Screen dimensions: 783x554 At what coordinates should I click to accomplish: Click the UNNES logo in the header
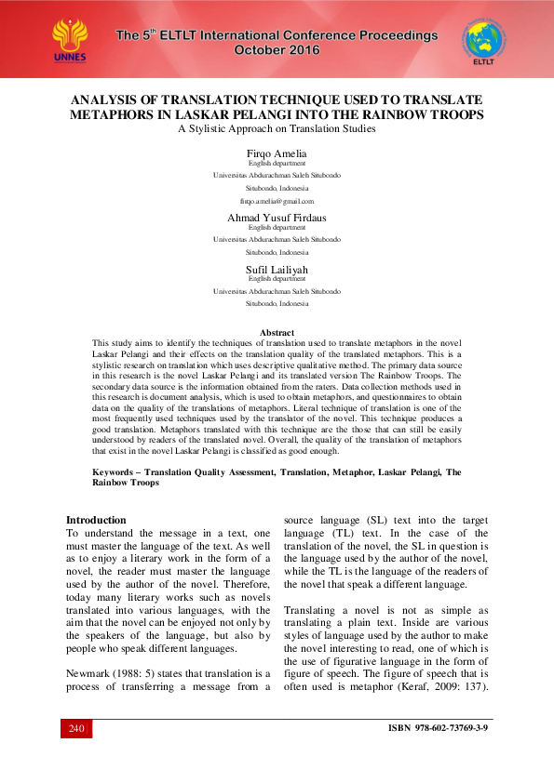pos(71,39)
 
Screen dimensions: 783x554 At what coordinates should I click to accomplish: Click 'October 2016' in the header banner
pos(277,49)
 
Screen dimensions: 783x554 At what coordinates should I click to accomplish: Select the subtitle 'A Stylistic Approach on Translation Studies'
pos(277,129)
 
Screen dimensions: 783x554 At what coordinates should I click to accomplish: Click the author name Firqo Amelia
pos(277,153)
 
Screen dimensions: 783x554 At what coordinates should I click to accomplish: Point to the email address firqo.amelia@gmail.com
pos(277,201)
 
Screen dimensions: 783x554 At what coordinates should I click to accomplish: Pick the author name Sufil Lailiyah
pos(277,269)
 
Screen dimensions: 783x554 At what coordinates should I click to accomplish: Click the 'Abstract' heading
pos(277,332)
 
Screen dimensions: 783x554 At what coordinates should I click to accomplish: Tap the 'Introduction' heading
pos(96,520)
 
